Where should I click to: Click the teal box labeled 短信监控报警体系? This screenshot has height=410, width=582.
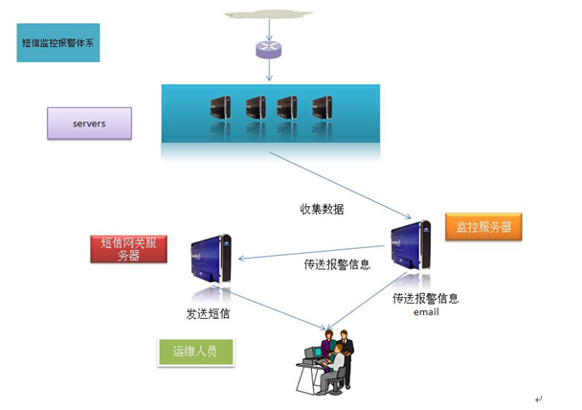point(58,43)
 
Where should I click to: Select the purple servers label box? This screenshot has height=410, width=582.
point(89,123)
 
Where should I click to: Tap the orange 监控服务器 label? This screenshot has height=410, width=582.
point(482,227)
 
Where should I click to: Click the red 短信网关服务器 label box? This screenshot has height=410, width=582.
point(128,248)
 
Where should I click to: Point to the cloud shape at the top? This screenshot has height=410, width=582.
point(269,14)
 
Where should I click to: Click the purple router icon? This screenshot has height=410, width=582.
point(269,51)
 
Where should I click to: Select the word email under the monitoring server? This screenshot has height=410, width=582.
point(426,311)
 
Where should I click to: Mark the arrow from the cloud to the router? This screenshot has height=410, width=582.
point(269,32)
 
